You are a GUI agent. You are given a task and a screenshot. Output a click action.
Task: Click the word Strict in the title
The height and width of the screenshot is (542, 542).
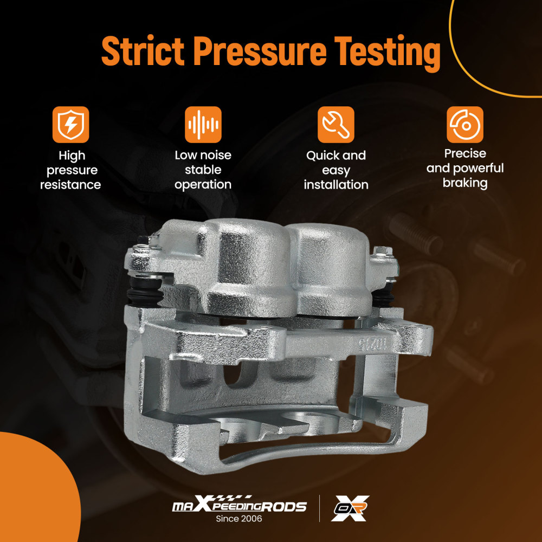click(x=143, y=51)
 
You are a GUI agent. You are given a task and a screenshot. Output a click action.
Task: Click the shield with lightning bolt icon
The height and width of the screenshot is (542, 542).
click(x=71, y=125)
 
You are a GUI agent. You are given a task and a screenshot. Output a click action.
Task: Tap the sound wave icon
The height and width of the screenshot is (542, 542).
click(x=203, y=125)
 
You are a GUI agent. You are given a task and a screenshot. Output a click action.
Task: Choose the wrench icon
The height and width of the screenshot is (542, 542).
click(x=336, y=125)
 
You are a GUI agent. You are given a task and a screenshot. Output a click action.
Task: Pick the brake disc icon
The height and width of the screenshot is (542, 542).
click(x=465, y=125)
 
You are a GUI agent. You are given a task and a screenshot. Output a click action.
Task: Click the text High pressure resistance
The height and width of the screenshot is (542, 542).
click(x=71, y=170)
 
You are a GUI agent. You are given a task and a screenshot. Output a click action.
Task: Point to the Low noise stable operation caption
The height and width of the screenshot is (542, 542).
click(x=203, y=170)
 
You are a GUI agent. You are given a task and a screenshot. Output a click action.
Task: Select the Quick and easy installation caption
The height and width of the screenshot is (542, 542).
click(x=336, y=170)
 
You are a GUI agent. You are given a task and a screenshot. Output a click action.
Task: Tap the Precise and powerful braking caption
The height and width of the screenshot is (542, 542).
click(x=465, y=168)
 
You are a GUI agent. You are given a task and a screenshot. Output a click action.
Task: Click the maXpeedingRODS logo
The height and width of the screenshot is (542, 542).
click(x=239, y=505)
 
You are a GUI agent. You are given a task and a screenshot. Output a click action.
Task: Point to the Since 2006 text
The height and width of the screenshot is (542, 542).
click(x=239, y=519)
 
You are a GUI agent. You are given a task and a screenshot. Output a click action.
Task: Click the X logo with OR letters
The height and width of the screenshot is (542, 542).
click(x=350, y=508)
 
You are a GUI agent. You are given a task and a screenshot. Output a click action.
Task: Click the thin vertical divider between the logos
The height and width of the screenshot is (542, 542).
click(x=319, y=508)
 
